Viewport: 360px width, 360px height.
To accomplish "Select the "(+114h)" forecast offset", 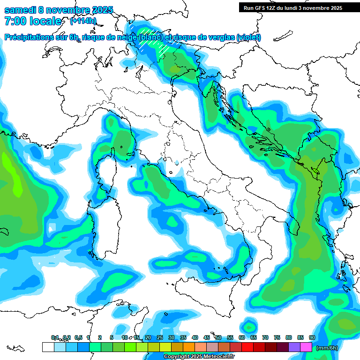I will click(83, 21).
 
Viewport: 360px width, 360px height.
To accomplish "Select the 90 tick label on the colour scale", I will click(312, 337).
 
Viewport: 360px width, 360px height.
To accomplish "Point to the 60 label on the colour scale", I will click(241, 337).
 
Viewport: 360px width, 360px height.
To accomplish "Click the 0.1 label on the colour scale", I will click(55, 337).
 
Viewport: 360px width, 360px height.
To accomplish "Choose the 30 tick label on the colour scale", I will click(171, 337).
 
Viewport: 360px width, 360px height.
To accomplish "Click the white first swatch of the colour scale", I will click(48, 347).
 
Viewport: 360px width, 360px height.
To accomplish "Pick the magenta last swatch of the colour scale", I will click(306, 347).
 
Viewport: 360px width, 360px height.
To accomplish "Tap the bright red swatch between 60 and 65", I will click(247, 347).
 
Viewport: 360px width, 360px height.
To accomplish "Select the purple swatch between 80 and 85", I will click(294, 347).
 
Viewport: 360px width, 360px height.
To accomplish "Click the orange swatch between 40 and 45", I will click(201, 347).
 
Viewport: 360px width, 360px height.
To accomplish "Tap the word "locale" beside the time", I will click(45, 21).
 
